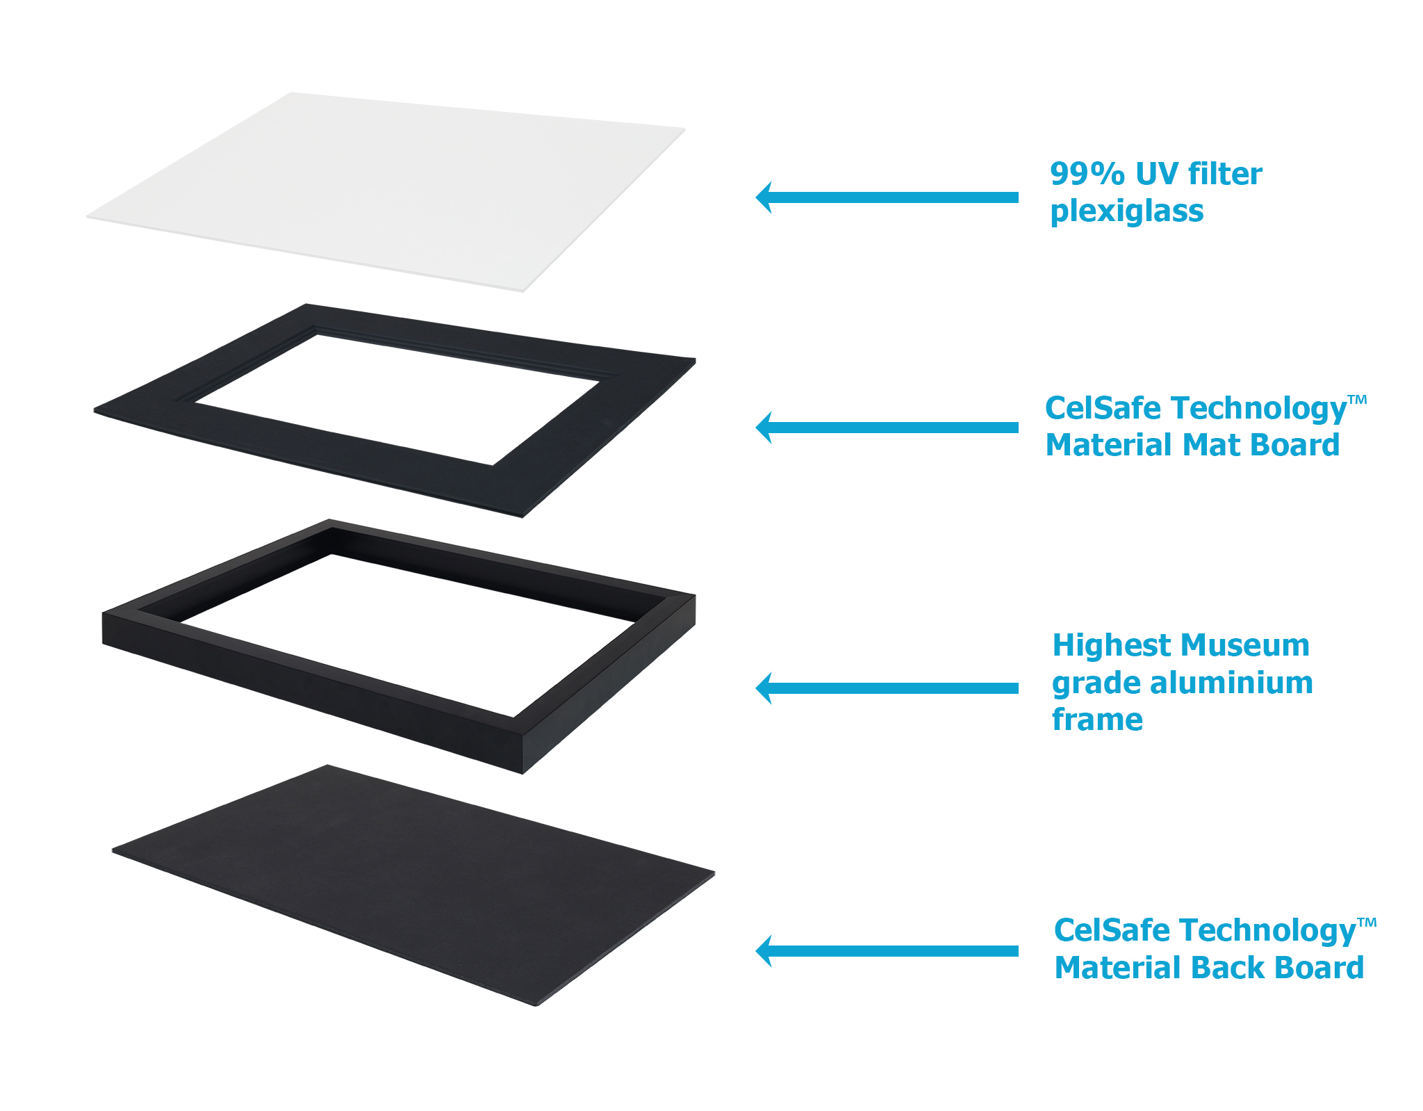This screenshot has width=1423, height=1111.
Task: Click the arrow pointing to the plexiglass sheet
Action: [887, 197]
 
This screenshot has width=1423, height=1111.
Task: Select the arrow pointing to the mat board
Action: [887, 428]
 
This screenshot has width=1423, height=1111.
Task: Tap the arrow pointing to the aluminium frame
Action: [887, 688]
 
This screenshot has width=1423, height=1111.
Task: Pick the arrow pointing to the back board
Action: [887, 951]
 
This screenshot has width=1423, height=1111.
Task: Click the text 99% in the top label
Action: [1087, 174]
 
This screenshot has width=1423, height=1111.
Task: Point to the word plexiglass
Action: [1126, 211]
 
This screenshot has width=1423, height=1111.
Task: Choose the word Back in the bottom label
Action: [1229, 968]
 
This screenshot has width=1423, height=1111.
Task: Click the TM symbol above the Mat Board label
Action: [1357, 400]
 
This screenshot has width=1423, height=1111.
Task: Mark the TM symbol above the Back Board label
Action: [1367, 923]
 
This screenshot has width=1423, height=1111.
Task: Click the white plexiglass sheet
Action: [386, 191]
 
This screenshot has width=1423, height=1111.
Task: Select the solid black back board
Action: [414, 885]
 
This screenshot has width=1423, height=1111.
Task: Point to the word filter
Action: [1225, 174]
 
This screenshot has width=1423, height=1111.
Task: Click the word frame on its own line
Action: [1097, 720]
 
